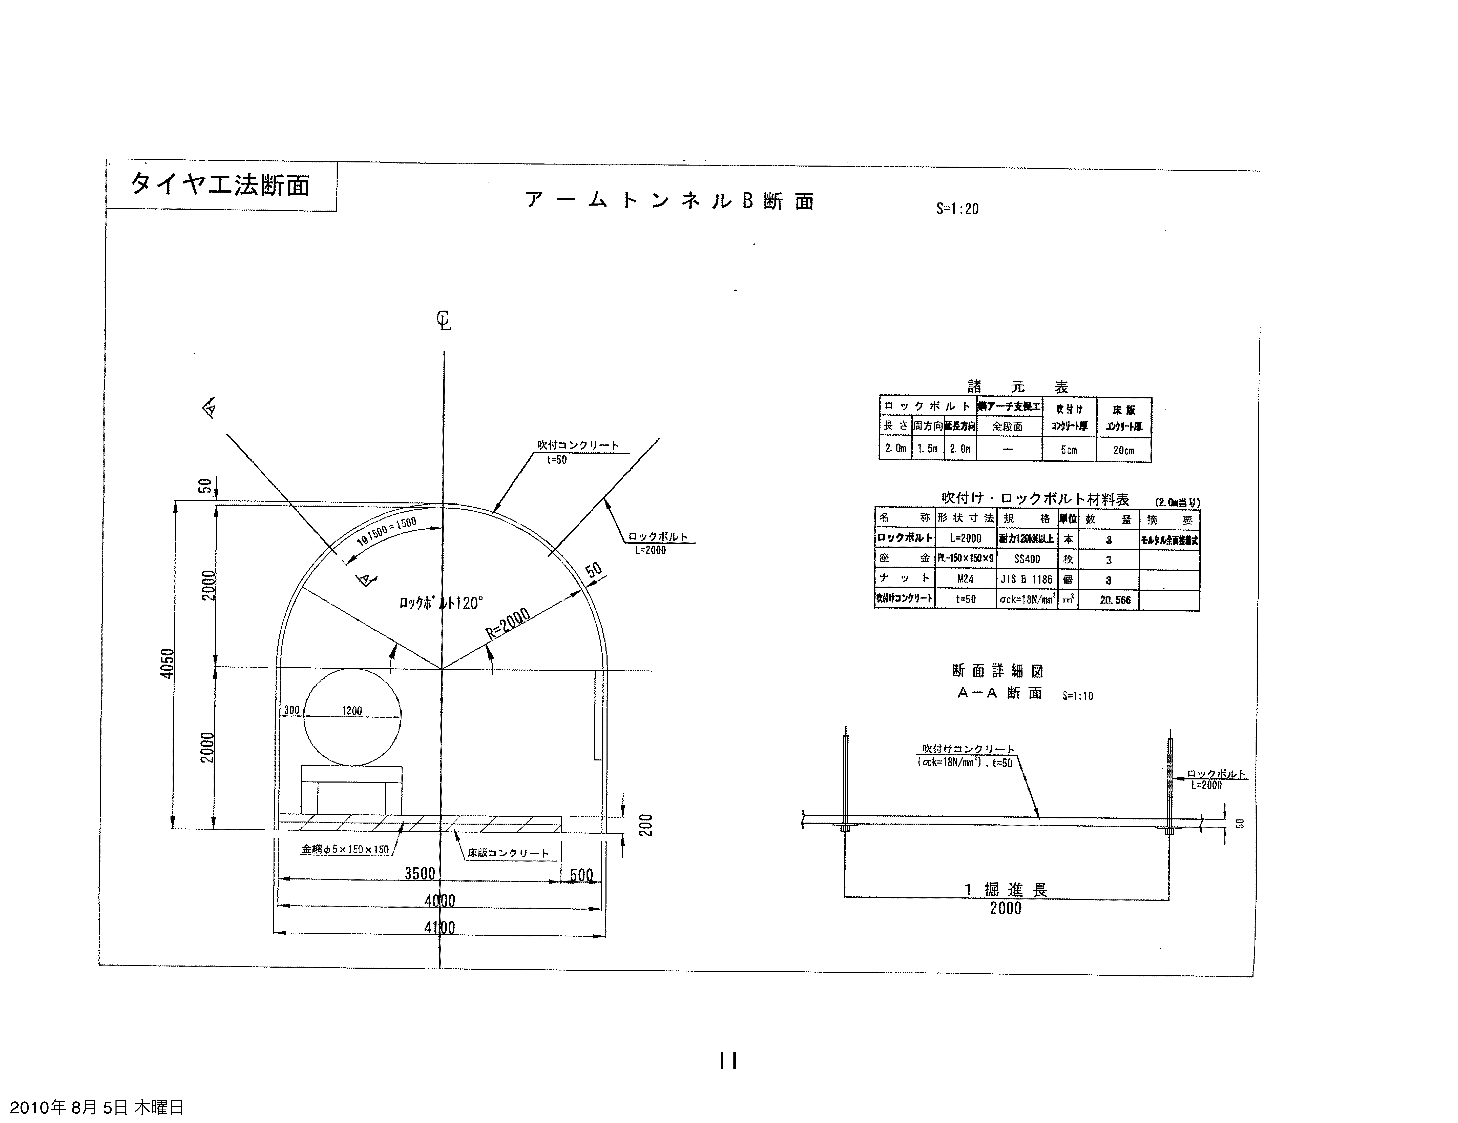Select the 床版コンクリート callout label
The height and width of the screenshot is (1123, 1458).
(508, 853)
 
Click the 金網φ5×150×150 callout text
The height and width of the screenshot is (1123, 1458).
(345, 849)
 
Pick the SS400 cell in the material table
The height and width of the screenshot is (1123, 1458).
(1027, 559)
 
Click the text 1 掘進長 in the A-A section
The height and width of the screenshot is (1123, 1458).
(1005, 889)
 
